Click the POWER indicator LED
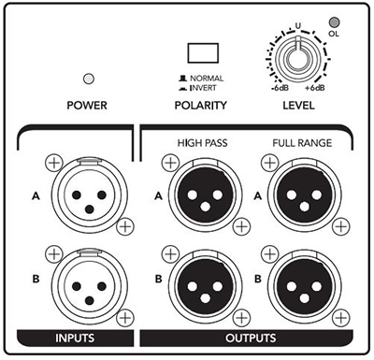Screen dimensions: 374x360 click(89, 79)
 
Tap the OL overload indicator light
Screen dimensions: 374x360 click(335, 22)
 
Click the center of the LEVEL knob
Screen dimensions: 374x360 click(297, 58)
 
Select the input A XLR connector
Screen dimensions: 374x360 click(90, 195)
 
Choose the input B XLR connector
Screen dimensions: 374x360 click(90, 287)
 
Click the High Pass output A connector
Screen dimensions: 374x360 click(206, 195)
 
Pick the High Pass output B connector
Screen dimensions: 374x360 click(206, 287)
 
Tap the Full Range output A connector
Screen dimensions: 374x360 click(305, 195)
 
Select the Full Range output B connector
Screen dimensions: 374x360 click(305, 287)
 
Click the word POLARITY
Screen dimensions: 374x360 click(200, 106)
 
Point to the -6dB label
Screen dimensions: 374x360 click(280, 88)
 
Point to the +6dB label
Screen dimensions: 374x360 click(315, 88)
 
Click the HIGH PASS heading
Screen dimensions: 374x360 click(202, 143)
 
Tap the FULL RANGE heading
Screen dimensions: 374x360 click(302, 143)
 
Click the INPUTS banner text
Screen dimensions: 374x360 click(75, 338)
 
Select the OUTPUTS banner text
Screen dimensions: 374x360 click(251, 338)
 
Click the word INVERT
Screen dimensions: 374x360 click(203, 88)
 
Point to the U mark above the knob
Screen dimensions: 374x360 click(298, 26)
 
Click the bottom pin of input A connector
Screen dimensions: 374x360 click(90, 209)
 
